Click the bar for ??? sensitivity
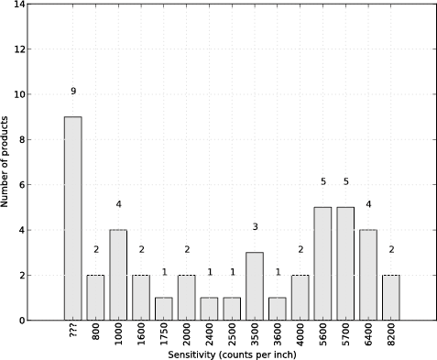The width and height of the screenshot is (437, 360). [72, 218]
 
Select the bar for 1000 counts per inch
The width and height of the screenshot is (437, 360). [118, 275]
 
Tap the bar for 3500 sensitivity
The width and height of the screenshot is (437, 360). [255, 286]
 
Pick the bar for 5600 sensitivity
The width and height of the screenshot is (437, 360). [322, 263]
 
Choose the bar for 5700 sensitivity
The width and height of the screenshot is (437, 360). [345, 263]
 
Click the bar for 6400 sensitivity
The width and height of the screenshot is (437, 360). [368, 275]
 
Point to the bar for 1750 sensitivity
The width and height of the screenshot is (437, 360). [164, 309]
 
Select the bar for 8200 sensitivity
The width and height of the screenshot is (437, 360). [391, 298]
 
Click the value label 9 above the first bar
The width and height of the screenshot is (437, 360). [72, 92]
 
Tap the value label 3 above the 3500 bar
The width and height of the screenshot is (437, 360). [255, 227]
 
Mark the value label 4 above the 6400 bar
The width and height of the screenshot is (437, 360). [368, 204]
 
